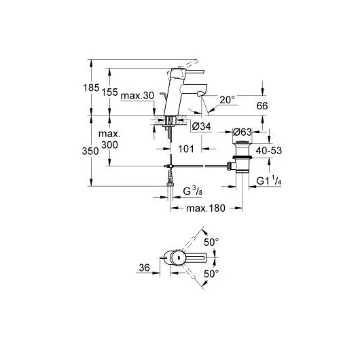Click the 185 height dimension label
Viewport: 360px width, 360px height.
pyautogui.click(x=91, y=88)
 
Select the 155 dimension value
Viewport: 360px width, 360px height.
pyautogui.click(x=110, y=92)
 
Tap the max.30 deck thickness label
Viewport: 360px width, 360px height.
pyautogui.click(x=137, y=96)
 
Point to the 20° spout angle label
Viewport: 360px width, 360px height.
pyautogui.click(x=228, y=100)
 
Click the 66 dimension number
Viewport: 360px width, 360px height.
pyautogui.click(x=262, y=106)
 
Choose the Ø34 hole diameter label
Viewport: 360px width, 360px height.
pyautogui.click(x=201, y=126)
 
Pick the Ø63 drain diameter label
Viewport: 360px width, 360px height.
pyautogui.click(x=242, y=132)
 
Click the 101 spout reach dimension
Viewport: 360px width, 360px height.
pyautogui.click(x=186, y=149)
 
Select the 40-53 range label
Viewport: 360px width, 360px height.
pyautogui.click(x=269, y=151)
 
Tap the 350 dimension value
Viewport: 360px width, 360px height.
pyautogui.click(x=90, y=151)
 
